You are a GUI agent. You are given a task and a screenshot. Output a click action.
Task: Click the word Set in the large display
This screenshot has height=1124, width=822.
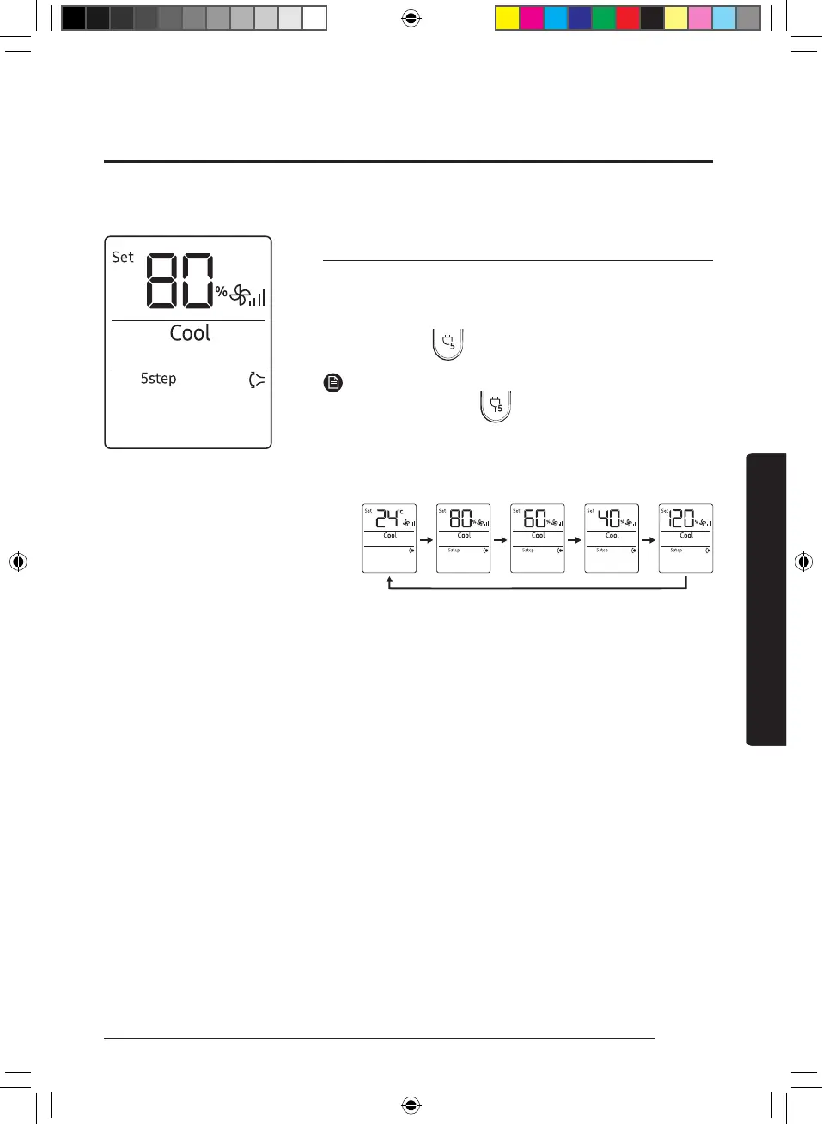click(x=123, y=258)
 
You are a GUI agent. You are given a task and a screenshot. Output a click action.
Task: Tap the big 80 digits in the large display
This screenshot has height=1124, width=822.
click(x=180, y=281)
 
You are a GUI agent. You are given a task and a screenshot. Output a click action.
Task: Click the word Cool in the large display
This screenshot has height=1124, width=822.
click(x=190, y=333)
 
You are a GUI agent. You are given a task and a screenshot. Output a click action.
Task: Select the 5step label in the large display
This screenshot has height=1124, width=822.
click(x=159, y=379)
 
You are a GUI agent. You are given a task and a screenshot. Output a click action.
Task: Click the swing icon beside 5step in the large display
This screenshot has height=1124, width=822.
click(x=256, y=380)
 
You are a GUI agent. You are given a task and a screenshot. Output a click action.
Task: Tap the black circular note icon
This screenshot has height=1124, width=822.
click(x=333, y=383)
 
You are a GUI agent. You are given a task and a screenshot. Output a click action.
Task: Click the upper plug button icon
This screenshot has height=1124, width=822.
click(x=448, y=343)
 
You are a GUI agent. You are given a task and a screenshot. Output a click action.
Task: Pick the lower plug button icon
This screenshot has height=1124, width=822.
click(x=496, y=406)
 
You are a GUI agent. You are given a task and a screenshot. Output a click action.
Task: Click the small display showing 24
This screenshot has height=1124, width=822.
click(x=389, y=538)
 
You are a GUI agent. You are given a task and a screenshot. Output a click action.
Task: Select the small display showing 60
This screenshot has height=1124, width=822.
click(x=538, y=538)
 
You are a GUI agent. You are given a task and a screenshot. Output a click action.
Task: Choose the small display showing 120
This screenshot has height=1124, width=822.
click(x=685, y=538)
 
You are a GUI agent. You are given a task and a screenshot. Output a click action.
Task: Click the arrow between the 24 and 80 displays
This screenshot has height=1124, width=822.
click(x=426, y=540)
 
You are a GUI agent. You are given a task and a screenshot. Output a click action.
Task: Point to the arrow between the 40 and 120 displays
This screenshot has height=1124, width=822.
click(x=648, y=540)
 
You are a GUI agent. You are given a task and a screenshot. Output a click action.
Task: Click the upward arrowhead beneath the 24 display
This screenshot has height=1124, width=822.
click(x=390, y=581)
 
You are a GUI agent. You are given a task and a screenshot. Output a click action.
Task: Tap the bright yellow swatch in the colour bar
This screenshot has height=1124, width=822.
click(x=508, y=18)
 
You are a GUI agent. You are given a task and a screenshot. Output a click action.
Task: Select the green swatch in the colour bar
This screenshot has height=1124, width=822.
click(x=604, y=18)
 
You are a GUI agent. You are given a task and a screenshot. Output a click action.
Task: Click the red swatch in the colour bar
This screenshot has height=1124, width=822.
click(x=628, y=18)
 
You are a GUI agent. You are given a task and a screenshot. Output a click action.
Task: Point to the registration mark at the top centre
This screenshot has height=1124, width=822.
click(x=411, y=18)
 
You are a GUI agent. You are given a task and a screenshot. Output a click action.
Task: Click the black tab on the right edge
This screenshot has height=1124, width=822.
click(x=766, y=599)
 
